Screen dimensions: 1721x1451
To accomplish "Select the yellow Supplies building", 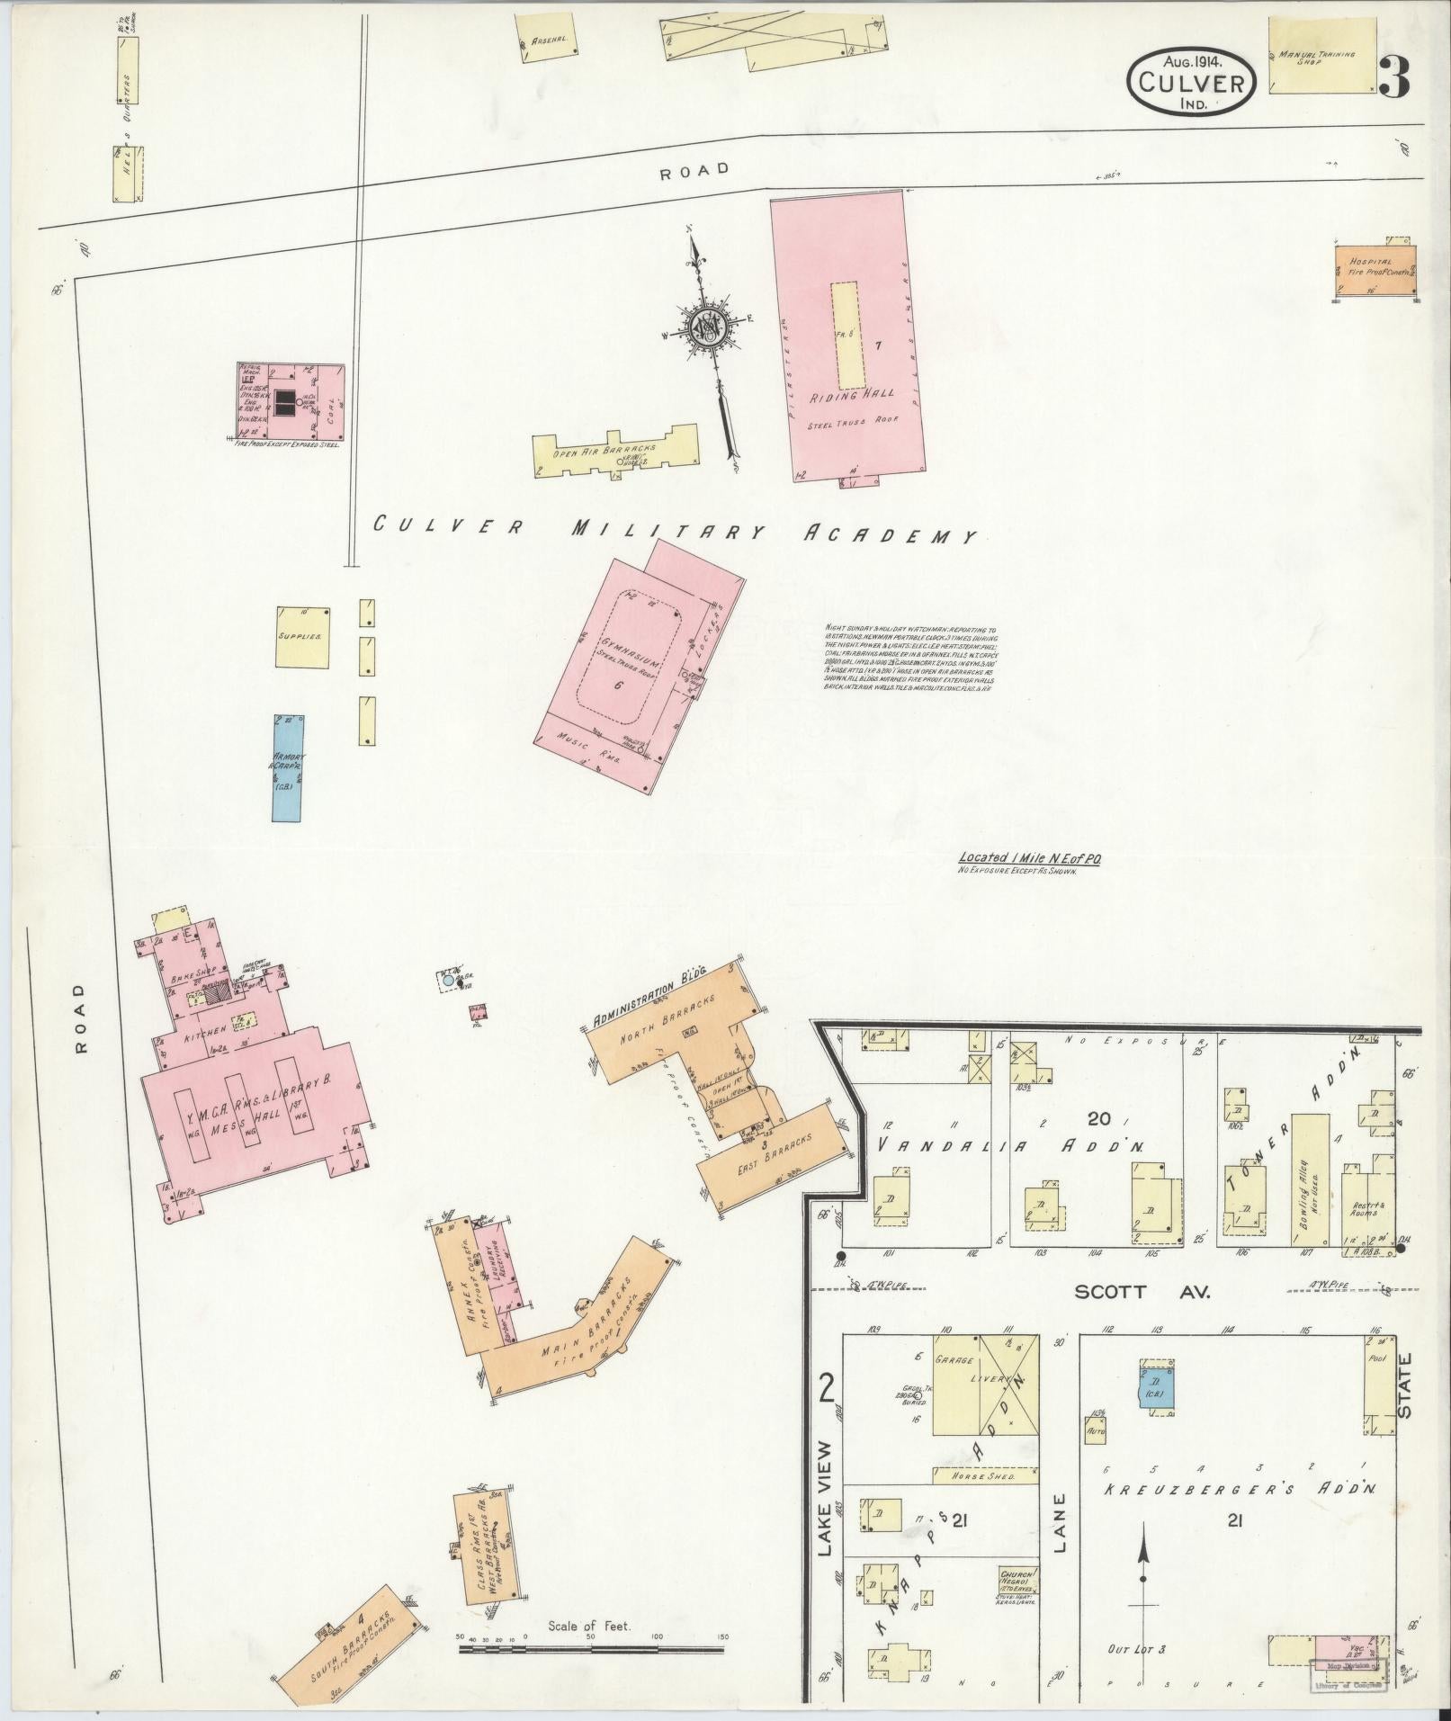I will tap(302, 637).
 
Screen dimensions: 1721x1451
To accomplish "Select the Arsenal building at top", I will tap(548, 40).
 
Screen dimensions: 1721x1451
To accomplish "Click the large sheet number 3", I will tap(1393, 78).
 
